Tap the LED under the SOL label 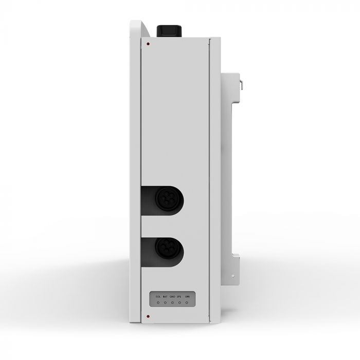coord(157,303)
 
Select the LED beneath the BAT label coord(165,303)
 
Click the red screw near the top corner coord(149,44)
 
